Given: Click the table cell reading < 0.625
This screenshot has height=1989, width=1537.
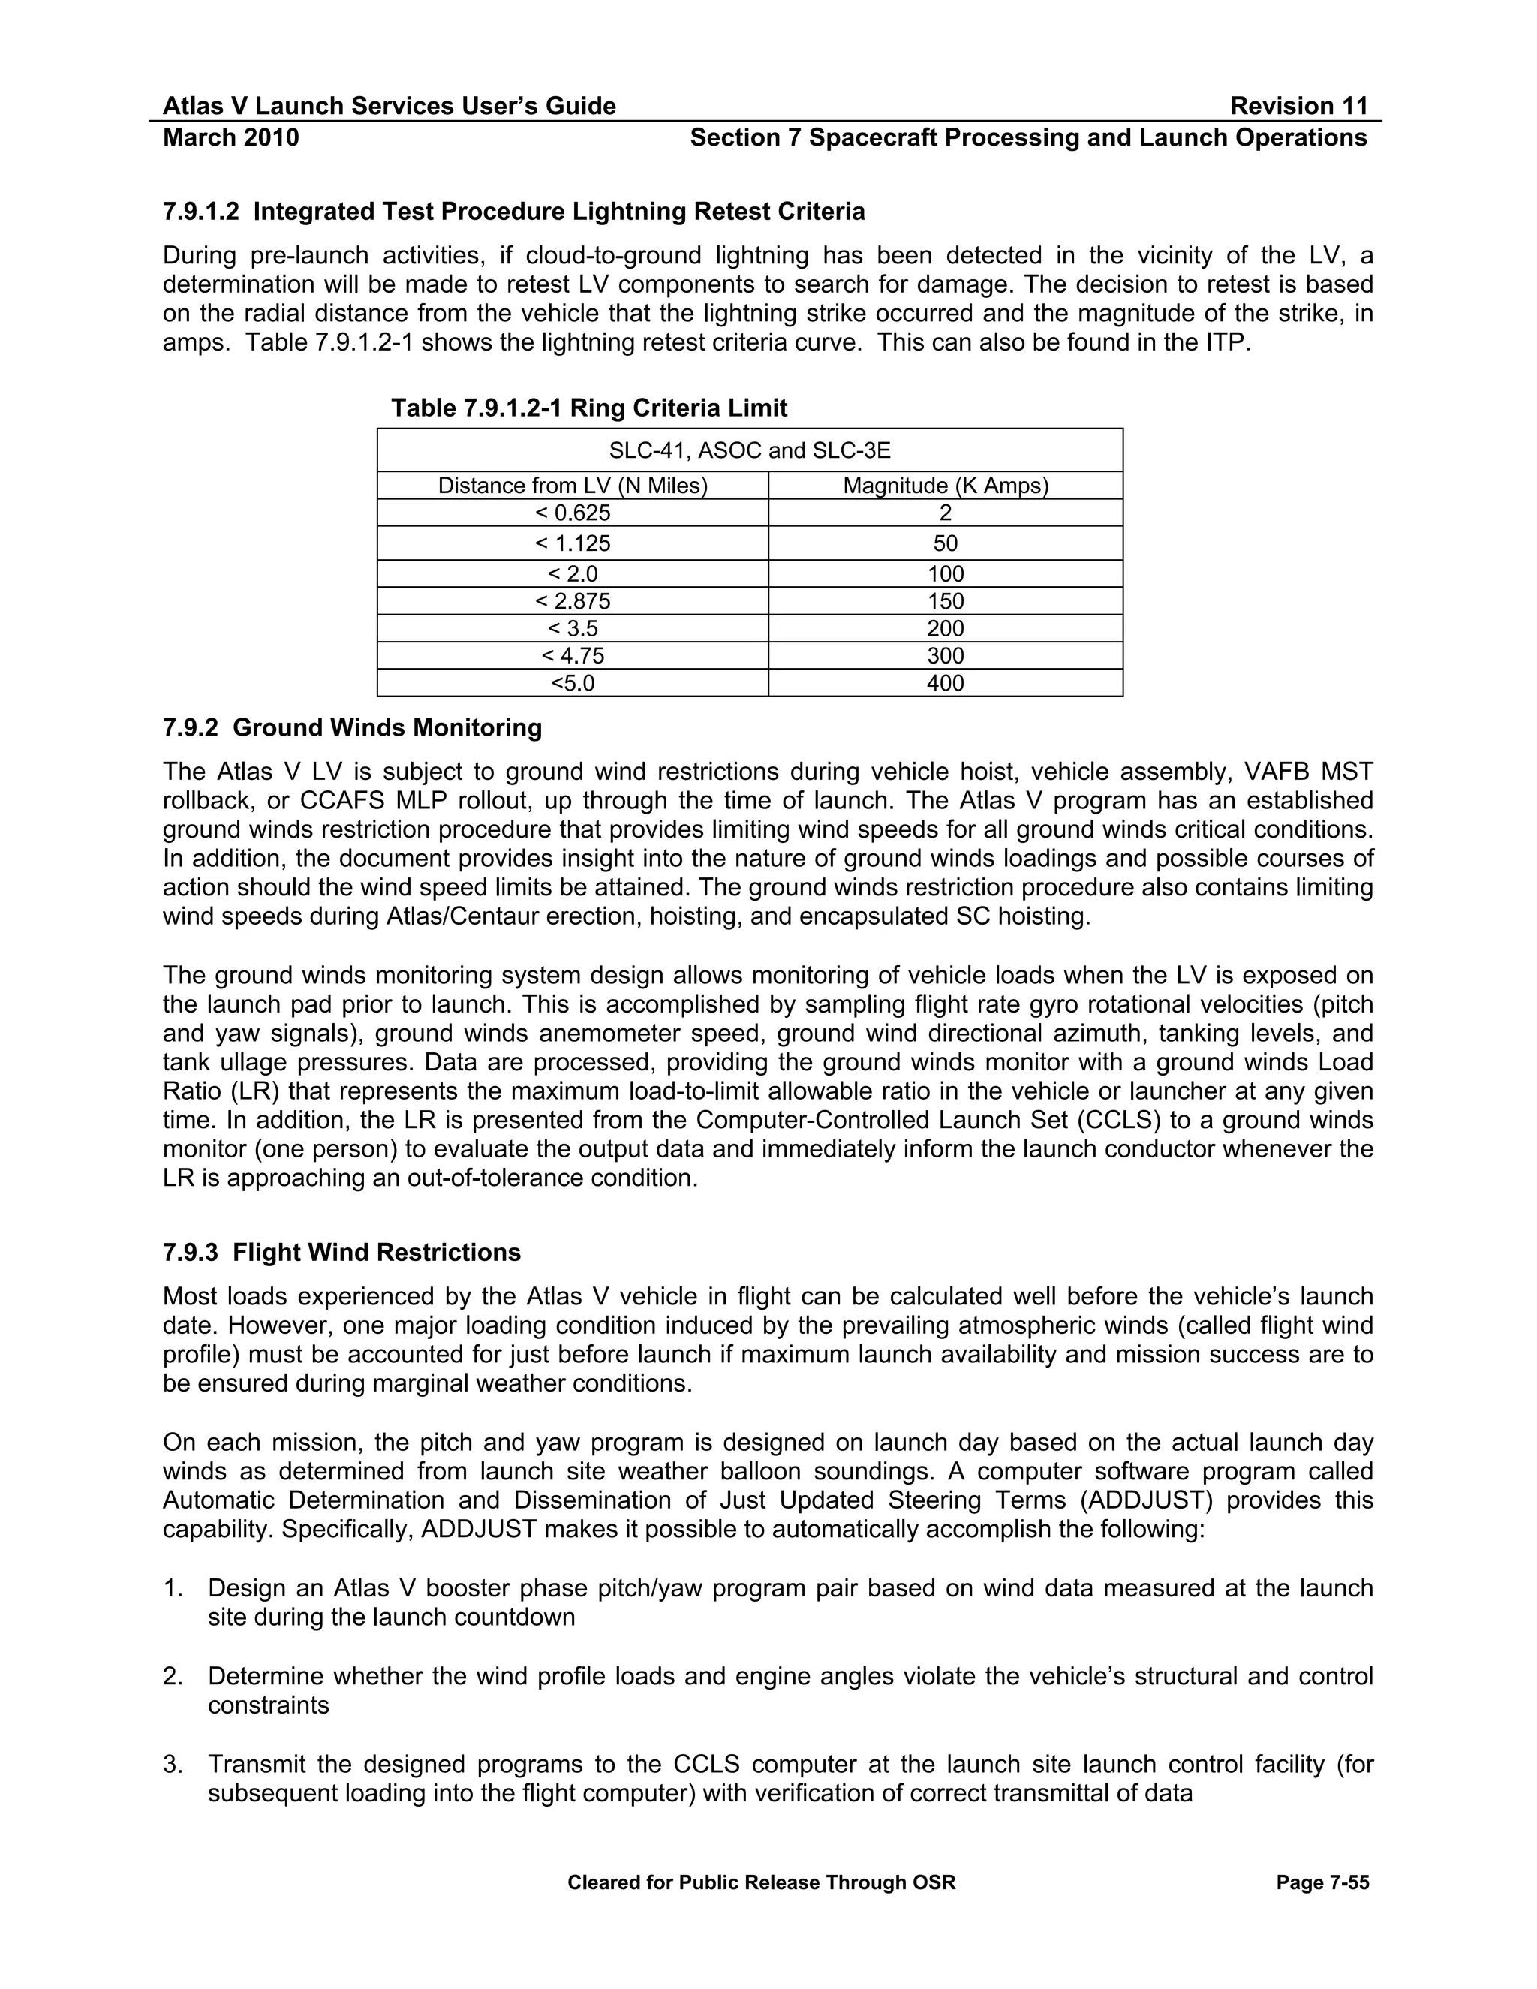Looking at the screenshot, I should pyautogui.click(x=573, y=513).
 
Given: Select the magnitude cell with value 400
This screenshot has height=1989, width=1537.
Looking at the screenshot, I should pyautogui.click(x=945, y=683).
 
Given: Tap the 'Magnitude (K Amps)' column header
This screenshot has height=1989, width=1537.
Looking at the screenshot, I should pyautogui.click(x=945, y=486).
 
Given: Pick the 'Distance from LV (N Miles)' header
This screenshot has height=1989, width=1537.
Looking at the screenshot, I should pyautogui.click(x=573, y=486).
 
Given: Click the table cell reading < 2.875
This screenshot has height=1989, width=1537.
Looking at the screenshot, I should pyautogui.click(x=573, y=601).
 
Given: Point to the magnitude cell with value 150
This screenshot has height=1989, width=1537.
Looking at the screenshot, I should pyautogui.click(x=945, y=601).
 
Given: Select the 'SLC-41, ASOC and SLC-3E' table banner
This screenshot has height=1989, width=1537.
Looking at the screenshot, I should pyautogui.click(x=750, y=450).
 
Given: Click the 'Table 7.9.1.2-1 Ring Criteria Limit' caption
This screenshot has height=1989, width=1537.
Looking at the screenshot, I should pyautogui.click(x=589, y=408).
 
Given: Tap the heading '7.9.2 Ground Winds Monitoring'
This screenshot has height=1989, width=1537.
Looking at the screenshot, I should pyautogui.click(x=353, y=727).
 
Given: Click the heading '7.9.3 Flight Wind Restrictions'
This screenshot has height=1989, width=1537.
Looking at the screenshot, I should pyautogui.click(x=341, y=1252).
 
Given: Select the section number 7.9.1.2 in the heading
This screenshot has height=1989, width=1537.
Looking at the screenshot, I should pyautogui.click(x=200, y=212).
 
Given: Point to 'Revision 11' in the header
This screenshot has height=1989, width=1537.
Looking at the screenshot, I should pyautogui.click(x=1298, y=107).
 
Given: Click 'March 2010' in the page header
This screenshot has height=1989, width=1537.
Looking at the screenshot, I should pyautogui.click(x=230, y=137).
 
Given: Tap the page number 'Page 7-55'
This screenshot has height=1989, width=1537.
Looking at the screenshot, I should pyautogui.click(x=1322, y=1882).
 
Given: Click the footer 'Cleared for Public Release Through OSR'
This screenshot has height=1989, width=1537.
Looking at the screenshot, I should pyautogui.click(x=761, y=1882).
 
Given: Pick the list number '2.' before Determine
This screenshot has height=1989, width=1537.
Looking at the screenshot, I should pyautogui.click(x=173, y=1677).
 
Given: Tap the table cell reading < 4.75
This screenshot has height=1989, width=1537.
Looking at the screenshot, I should pyautogui.click(x=573, y=656).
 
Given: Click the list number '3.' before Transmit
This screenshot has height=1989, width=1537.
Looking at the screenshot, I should pyautogui.click(x=173, y=1765).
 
